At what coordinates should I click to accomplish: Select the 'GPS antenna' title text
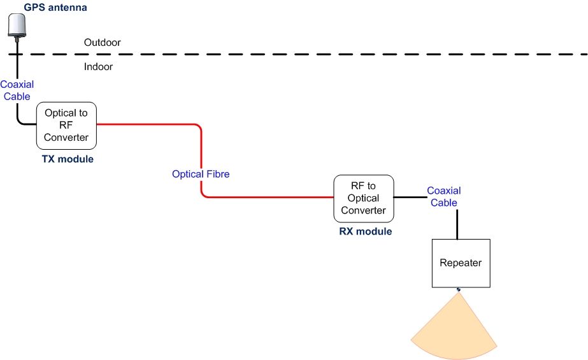tap(55, 8)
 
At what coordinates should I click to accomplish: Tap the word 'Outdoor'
tap(102, 43)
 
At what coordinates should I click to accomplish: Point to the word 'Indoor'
tap(98, 66)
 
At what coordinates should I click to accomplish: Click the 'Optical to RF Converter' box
tap(66, 125)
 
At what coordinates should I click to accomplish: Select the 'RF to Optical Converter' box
tap(364, 198)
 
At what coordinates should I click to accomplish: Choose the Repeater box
tap(461, 263)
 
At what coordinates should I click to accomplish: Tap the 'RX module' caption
tap(365, 231)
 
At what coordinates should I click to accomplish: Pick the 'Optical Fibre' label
tap(201, 173)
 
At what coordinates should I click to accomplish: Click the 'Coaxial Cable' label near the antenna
tap(17, 90)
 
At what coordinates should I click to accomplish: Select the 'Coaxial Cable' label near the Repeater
tap(443, 196)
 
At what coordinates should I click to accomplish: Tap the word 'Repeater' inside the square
tap(461, 263)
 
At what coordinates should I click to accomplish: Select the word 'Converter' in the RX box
tap(364, 210)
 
